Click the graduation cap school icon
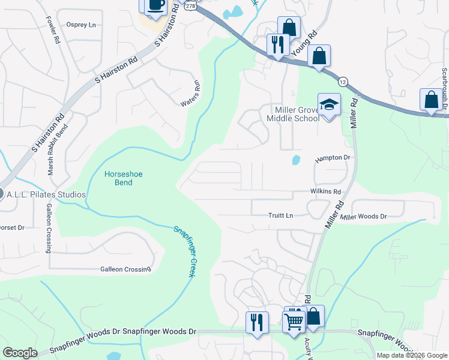coord(329,105)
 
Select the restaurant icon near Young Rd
coord(278,44)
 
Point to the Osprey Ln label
coord(82,25)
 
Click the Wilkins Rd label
coord(325,191)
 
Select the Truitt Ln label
coord(280,215)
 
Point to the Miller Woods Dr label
coord(364,216)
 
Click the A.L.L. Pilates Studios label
coord(47,195)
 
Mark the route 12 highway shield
coord(342,81)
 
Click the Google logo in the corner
coord(20,353)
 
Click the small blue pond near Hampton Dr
coord(295,160)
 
